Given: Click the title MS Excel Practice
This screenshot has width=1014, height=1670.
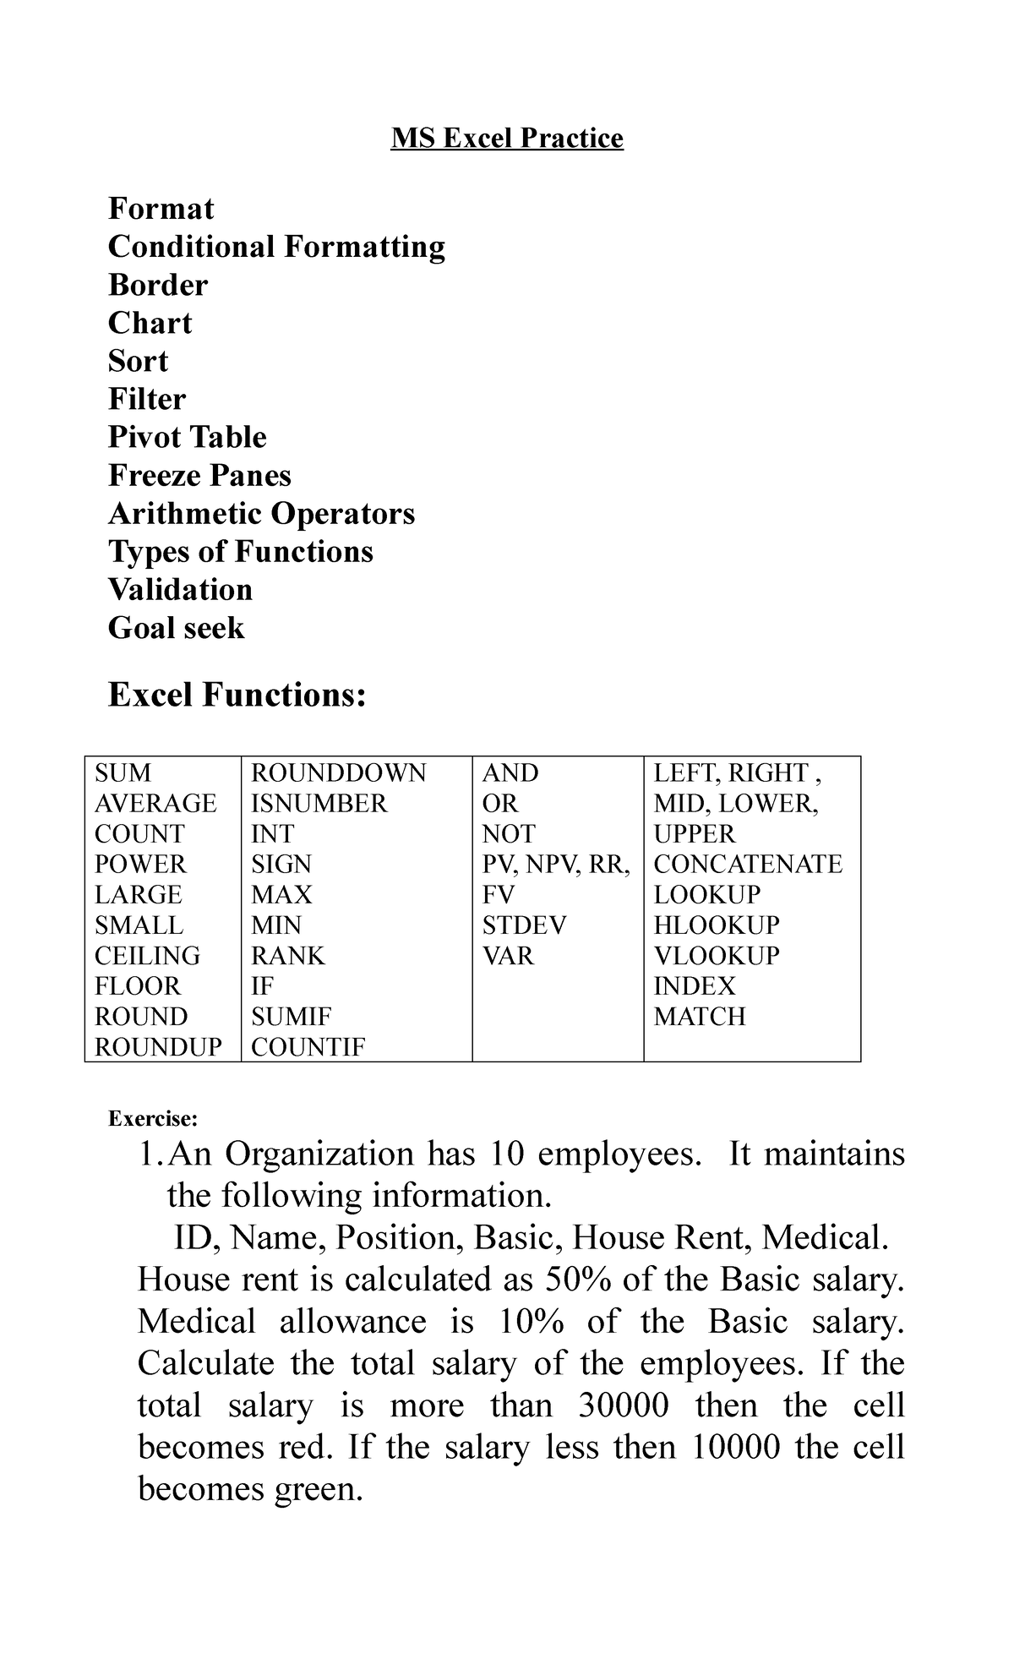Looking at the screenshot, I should click(507, 138).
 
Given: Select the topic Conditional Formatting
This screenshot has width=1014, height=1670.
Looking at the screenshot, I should click(276, 247).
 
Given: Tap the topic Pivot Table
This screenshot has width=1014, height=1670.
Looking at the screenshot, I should click(187, 437).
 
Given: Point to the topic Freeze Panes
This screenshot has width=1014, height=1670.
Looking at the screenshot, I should click(199, 475).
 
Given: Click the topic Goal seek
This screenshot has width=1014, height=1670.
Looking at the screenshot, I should click(176, 628).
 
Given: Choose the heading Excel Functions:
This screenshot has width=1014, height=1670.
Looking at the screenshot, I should click(237, 695).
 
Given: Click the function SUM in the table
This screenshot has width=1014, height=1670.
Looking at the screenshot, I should click(123, 773).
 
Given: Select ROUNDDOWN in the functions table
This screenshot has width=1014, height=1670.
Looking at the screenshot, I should click(339, 773).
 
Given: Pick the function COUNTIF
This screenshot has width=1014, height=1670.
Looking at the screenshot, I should click(308, 1047).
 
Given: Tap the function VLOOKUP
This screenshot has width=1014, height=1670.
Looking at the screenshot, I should click(717, 956).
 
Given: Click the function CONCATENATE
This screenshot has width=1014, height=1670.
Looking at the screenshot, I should click(748, 865).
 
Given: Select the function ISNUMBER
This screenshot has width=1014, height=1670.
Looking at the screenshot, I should click(319, 804).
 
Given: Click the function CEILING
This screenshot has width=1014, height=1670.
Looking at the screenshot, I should click(147, 956).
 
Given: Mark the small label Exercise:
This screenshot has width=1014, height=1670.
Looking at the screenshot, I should click(152, 1119).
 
